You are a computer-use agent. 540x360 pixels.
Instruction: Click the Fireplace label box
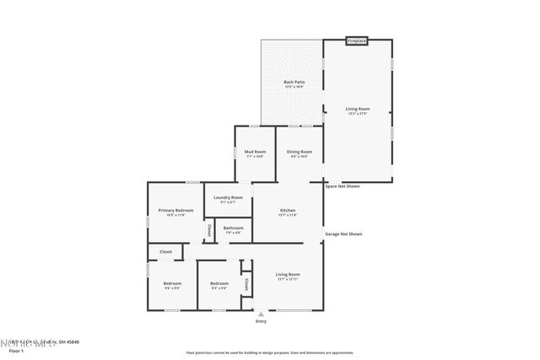tap(357, 40)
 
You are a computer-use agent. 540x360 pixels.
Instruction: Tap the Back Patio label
tap(294, 82)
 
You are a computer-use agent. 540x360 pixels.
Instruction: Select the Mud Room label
tap(255, 152)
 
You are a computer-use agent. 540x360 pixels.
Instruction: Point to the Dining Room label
tap(300, 152)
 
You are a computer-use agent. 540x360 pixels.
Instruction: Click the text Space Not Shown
tap(343, 186)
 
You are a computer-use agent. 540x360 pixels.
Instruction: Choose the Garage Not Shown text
tap(343, 234)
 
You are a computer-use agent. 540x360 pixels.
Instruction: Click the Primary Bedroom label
tap(176, 210)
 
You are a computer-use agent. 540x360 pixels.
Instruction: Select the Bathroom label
tap(234, 228)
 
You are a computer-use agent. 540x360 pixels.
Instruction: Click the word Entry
tap(261, 321)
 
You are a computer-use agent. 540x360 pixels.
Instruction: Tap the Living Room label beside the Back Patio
tap(358, 109)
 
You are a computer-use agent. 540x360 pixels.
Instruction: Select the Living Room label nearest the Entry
tap(288, 274)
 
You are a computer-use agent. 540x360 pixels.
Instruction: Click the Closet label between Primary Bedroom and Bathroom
tap(208, 228)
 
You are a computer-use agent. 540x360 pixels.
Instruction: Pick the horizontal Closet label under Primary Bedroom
tap(165, 251)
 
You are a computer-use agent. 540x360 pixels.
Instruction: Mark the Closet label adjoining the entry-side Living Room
tap(246, 284)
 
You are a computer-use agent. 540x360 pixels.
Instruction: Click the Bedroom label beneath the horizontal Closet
tap(172, 283)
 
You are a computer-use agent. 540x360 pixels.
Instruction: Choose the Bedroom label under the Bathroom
tap(219, 283)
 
